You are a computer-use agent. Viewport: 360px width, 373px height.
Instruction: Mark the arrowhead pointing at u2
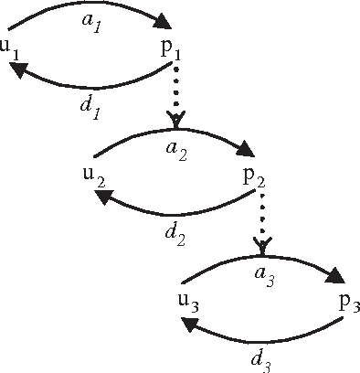102,195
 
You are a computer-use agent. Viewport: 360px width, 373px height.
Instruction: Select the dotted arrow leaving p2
262,219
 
